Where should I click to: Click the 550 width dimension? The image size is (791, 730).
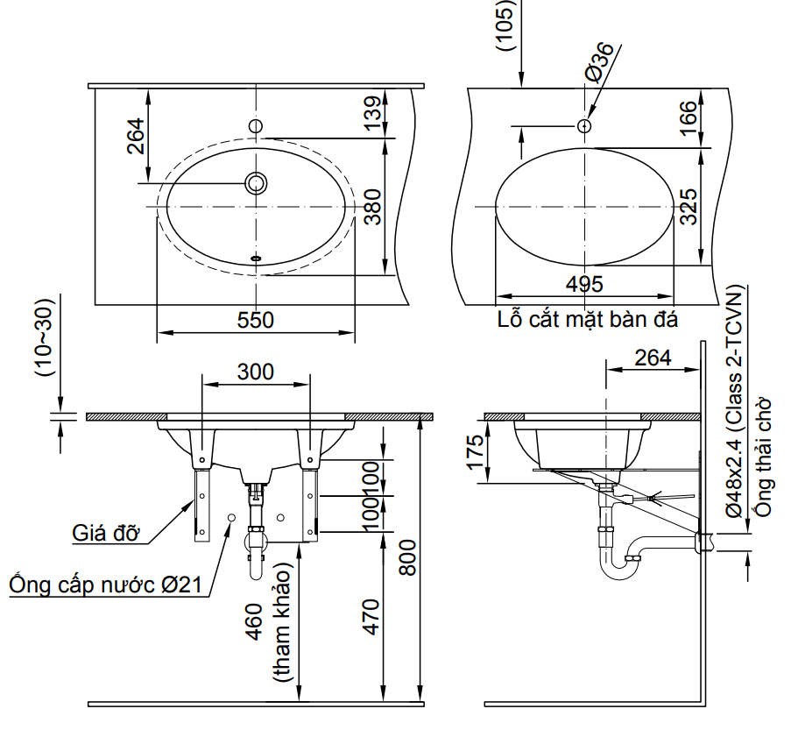click(256, 321)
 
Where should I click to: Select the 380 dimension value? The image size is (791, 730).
click(374, 208)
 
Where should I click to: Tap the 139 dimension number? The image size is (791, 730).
click(374, 113)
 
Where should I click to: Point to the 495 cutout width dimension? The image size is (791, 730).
click(584, 284)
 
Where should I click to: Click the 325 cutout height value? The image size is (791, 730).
click(689, 207)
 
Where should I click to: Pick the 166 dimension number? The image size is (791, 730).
click(689, 117)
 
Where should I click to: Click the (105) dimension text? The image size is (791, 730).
click(506, 25)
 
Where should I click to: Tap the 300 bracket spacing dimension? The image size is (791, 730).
click(256, 371)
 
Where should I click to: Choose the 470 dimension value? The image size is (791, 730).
click(372, 616)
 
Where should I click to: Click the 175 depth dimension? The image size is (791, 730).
click(476, 454)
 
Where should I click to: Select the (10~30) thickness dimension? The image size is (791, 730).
click(45, 337)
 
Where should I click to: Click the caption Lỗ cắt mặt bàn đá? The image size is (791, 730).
click(588, 318)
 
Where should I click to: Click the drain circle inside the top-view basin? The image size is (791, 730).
click(257, 183)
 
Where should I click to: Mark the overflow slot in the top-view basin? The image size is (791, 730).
click(257, 259)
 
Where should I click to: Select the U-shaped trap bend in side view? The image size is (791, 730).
click(617, 570)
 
